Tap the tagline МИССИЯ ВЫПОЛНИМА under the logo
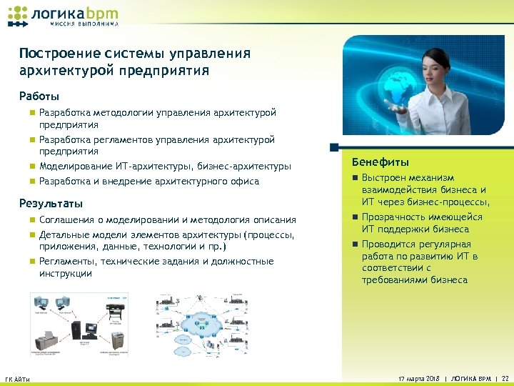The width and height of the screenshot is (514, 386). pos(84,24)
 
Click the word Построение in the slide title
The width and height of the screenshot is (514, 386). pos(53,54)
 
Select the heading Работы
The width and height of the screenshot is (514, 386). pos(39,96)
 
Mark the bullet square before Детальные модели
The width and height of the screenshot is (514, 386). pos(31,235)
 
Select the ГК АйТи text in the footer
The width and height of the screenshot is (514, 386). pos(17,378)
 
